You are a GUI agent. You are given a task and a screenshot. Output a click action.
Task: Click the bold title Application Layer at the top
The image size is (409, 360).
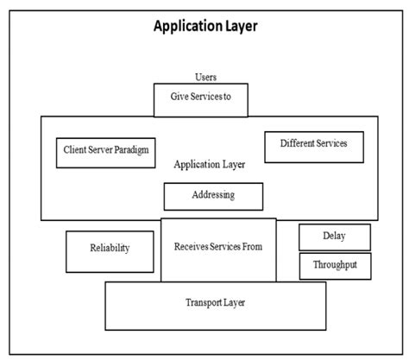point(204,26)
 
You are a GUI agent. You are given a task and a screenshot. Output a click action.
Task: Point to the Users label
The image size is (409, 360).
point(205,77)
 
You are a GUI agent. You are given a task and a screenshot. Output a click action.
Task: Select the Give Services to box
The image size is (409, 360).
point(200,99)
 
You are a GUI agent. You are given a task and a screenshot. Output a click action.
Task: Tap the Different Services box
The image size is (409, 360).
point(313,146)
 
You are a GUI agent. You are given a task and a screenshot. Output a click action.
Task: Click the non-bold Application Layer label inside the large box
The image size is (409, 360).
point(209,164)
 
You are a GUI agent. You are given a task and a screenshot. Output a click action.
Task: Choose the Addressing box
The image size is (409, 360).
point(213,196)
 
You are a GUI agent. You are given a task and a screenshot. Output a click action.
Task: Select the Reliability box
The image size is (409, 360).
point(110,250)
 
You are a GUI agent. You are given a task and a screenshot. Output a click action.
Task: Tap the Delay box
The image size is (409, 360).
point(334,237)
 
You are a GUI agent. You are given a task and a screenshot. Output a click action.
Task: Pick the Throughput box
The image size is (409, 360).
point(334,266)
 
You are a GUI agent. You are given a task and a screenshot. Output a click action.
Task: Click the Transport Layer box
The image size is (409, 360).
point(215,305)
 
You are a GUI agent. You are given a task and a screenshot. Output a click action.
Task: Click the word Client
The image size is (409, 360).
point(75,150)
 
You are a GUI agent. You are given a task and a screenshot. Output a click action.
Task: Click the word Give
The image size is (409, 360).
point(177,98)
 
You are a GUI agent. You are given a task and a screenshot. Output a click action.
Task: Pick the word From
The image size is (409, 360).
point(251,247)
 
